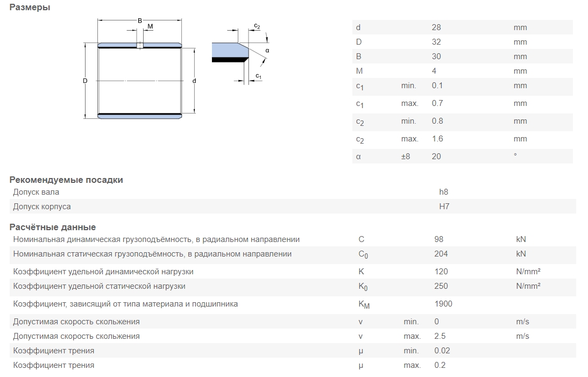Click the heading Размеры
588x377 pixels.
30,7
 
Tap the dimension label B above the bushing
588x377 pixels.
140,21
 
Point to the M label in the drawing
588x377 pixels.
151,26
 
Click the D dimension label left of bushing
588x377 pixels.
85,81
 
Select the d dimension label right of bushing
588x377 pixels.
194,81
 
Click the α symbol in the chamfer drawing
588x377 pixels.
267,51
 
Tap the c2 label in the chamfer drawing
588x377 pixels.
257,26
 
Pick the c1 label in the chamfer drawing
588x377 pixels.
258,76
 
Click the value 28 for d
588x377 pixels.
436,27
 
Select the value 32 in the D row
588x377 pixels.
436,42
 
